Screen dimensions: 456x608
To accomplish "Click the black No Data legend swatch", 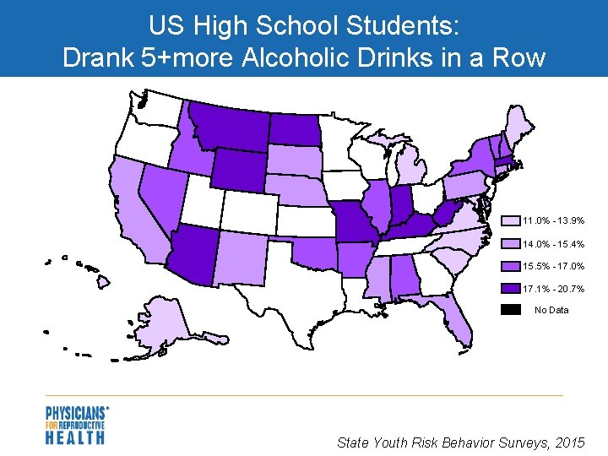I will [511, 311].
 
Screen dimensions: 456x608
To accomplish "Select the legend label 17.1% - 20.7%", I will [554, 289].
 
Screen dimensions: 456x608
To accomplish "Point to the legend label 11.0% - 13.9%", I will [554, 221].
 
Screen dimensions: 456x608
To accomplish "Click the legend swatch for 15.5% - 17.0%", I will [511, 266].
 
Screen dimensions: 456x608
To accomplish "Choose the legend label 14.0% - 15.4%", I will [554, 244].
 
